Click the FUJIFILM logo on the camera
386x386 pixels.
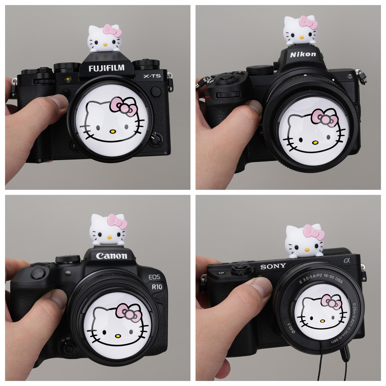coord(107,68)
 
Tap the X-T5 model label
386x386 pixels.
coord(152,76)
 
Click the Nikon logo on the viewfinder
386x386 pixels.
coord(303,54)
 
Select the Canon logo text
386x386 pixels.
coord(112,256)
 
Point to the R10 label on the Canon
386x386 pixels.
coord(157,287)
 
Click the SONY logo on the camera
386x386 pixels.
coord(273,266)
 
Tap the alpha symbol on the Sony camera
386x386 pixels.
coord(347,260)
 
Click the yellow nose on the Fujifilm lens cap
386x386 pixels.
coord(113,132)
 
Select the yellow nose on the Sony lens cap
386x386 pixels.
coord(322,321)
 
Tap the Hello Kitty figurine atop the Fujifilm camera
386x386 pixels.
coord(105,39)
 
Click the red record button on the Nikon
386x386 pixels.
coord(240,72)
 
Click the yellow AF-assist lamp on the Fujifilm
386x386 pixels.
coord(68,79)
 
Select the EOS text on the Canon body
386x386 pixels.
coord(154,277)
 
